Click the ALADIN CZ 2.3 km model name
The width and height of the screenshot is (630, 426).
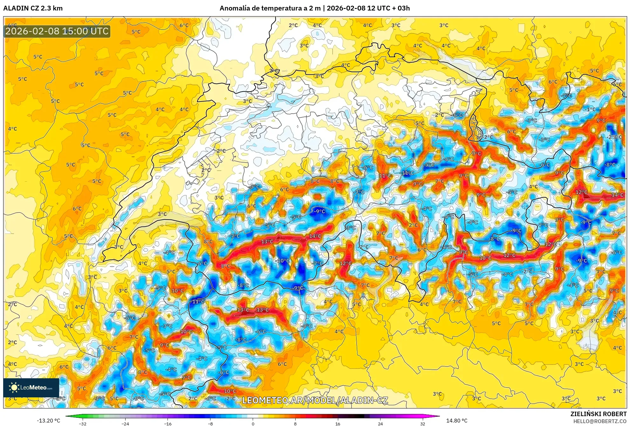click(33, 8)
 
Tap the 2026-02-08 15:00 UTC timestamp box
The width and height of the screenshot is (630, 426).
click(57, 31)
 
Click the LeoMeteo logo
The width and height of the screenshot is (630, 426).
click(31, 388)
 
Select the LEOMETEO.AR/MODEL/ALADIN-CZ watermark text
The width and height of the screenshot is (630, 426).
click(315, 400)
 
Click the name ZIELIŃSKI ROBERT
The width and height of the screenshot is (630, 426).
click(598, 414)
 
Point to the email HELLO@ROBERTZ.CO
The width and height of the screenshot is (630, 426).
click(600, 421)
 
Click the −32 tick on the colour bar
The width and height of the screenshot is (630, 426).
click(83, 423)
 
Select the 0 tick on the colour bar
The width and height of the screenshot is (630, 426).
click(253, 423)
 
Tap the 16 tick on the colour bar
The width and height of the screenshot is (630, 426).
click(338, 423)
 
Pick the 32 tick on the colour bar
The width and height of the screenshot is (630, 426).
click(422, 423)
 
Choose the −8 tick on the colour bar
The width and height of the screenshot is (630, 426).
click(210, 423)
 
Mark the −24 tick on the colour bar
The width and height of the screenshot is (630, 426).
click(125, 423)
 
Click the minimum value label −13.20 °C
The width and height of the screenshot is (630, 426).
click(48, 421)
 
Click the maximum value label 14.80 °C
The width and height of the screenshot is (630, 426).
click(457, 421)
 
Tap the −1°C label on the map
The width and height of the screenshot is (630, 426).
click(590, 109)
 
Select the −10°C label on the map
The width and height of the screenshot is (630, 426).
click(282, 261)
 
